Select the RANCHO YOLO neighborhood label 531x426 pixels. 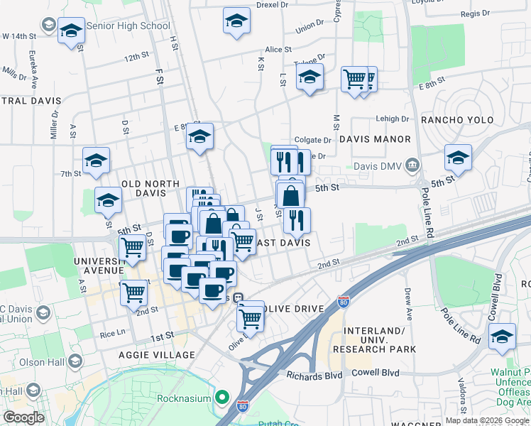pos(457,120)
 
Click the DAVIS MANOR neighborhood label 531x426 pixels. pos(375,139)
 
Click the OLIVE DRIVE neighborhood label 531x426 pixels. pos(292,309)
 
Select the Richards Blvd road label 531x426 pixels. pos(314,374)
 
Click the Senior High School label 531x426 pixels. pos(128,26)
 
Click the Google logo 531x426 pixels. pos(24,417)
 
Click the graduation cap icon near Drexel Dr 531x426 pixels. pos(236,21)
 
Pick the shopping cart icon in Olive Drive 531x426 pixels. pos(250,319)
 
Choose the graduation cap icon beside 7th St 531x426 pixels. pos(96,161)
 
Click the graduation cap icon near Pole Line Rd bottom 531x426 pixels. pos(502,337)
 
